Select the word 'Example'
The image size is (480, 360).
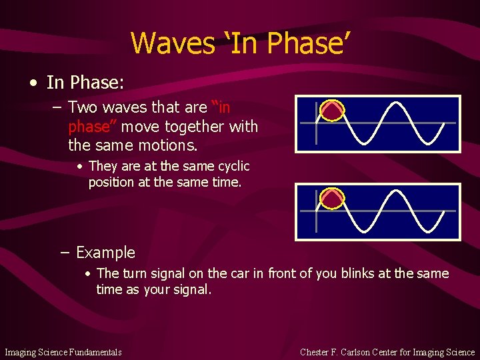[105, 253]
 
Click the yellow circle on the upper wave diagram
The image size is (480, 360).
[331, 110]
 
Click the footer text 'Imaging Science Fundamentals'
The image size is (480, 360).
[63, 352]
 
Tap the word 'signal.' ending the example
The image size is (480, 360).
[190, 289]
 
